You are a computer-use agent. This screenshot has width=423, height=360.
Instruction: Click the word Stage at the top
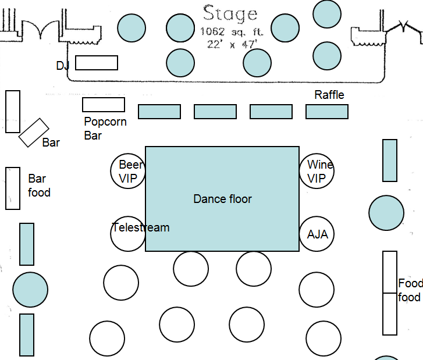[230, 13]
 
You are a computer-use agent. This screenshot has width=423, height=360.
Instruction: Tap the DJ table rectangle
[97, 63]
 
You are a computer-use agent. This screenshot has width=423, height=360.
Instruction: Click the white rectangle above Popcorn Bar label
[104, 105]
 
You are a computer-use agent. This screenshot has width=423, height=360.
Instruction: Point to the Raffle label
[329, 95]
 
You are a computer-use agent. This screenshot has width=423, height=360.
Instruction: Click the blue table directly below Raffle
[327, 112]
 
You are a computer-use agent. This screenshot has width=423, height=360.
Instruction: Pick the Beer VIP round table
[128, 170]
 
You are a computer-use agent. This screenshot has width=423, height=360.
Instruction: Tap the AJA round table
[317, 234]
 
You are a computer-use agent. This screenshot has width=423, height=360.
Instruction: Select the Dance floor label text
[222, 199]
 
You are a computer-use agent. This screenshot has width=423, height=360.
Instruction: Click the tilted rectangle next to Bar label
[34, 133]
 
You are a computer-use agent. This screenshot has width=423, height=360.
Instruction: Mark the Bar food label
[39, 186]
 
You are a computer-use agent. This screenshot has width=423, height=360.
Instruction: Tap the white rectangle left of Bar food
[13, 188]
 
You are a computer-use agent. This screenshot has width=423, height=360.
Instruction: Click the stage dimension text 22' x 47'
[230, 44]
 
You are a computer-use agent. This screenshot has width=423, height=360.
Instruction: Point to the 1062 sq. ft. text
[229, 31]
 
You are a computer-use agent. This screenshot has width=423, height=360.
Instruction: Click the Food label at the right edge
[410, 284]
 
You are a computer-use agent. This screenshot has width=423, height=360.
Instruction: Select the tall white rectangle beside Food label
[390, 293]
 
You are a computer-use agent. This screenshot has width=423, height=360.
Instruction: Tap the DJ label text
[63, 66]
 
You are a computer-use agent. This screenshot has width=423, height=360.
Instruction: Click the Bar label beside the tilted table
[51, 142]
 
